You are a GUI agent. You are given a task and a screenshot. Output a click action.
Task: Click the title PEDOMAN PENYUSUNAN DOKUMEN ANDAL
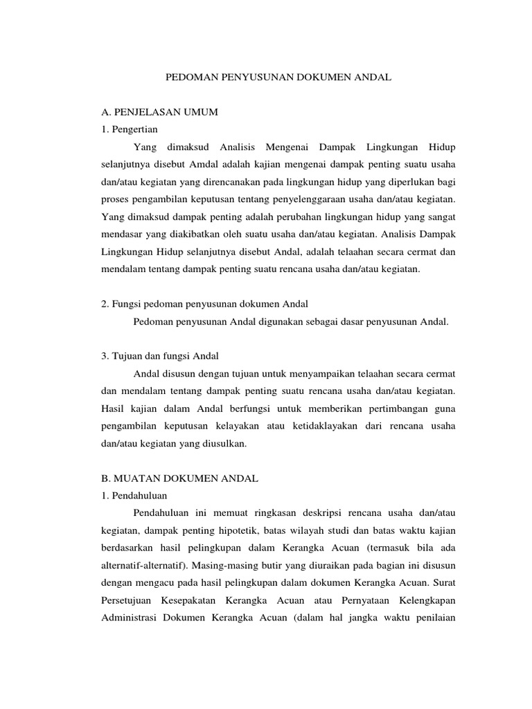pyautogui.click(x=278, y=79)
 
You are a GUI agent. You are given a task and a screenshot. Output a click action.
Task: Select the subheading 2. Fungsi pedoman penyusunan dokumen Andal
pyautogui.click(x=204, y=304)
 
